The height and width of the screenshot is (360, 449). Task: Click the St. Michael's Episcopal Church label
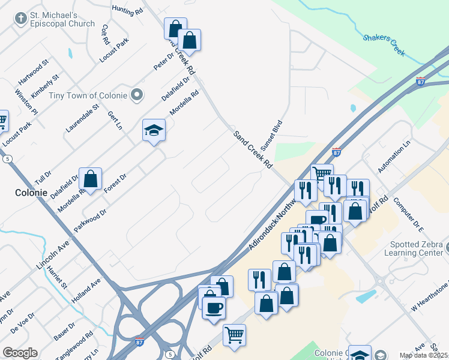[62, 19]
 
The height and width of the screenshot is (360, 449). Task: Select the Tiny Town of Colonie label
[88, 95]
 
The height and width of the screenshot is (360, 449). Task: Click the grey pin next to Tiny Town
[137, 95]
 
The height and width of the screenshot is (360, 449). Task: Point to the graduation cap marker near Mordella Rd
[154, 130]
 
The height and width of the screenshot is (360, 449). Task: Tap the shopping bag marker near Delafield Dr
[90, 178]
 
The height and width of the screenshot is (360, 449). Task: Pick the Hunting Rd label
[127, 10]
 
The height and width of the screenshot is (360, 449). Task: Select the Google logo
[20, 353]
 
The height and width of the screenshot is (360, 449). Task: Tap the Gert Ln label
[115, 119]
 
